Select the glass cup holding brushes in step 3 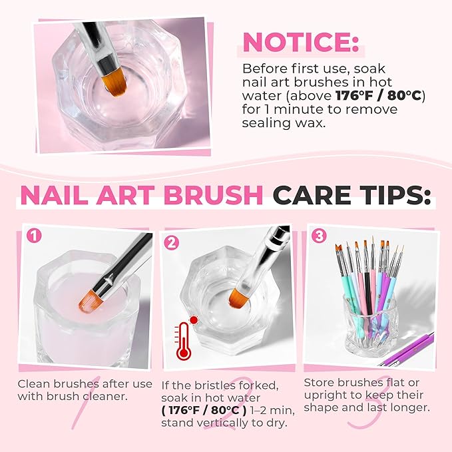coord(368,326)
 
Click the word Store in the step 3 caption coord(319,382)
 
